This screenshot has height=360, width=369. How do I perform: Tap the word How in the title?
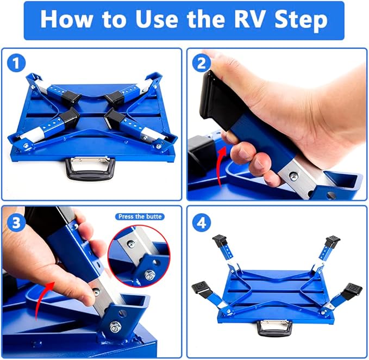[x=68, y=20]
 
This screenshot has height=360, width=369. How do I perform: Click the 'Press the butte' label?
[x=141, y=216]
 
